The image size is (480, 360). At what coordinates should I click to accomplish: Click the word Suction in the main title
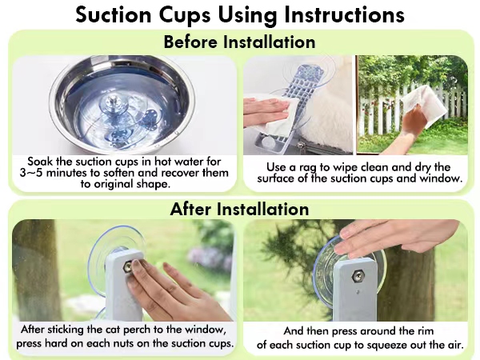point(114,14)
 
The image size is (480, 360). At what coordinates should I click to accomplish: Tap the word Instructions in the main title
point(344,14)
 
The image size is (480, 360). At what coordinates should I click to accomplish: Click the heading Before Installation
point(239,42)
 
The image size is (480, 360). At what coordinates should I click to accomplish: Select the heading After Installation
point(239,209)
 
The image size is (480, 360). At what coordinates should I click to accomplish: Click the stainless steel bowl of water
point(122,104)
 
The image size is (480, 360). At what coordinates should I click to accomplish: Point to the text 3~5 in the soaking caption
point(30,173)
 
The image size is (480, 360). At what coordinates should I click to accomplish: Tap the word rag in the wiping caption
point(308,168)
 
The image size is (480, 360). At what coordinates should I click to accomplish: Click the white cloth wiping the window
point(425,104)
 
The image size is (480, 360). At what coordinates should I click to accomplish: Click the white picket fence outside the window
point(410,110)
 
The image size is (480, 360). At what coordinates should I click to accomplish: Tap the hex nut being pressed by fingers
point(129,266)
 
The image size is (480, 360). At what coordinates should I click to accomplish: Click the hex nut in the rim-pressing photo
point(358,277)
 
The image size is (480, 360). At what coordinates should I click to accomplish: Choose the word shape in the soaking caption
point(154,184)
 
